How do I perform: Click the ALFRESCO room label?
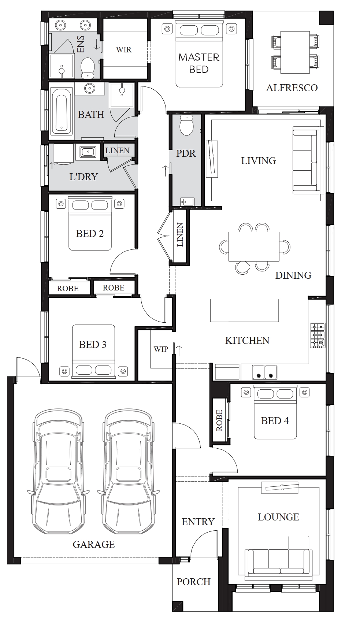click(292, 88)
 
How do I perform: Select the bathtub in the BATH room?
click(61, 113)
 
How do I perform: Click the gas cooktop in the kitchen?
click(318, 335)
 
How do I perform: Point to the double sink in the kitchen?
click(264, 372)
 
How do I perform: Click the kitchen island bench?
click(244, 310)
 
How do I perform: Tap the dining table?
click(254, 247)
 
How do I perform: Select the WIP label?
click(161, 349)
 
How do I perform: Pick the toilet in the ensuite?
click(88, 68)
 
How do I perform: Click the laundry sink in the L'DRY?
click(88, 152)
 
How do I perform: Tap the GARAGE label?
click(93, 544)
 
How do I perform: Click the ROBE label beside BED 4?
click(219, 420)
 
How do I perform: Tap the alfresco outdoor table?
click(295, 52)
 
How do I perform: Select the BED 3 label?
click(93, 345)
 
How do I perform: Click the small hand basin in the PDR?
click(187, 202)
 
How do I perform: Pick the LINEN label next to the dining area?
click(180, 235)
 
